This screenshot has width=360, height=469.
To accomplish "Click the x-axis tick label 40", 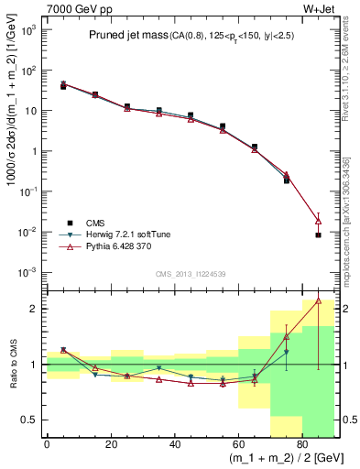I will (x=174, y=443).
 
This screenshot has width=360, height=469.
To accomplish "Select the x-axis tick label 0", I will (x=47, y=443).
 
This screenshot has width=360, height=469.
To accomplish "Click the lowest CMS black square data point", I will (x=318, y=235).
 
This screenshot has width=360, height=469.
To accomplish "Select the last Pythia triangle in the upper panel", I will (x=318, y=221).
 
